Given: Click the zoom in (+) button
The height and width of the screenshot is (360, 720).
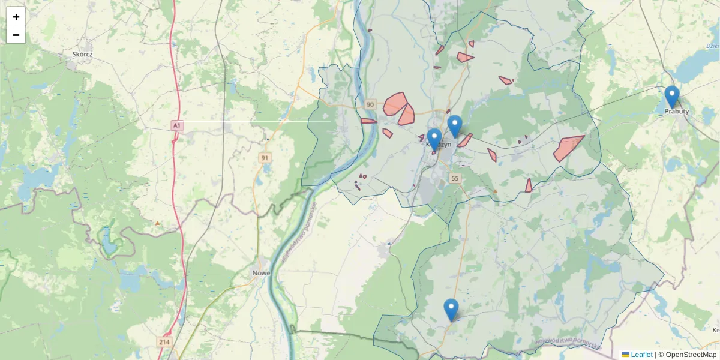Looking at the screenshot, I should [16, 17].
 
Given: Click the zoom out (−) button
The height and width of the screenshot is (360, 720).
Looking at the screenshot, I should [16, 35].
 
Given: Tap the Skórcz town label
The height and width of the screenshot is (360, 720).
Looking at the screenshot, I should [82, 54].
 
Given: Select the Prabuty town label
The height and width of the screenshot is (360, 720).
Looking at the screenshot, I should [677, 111].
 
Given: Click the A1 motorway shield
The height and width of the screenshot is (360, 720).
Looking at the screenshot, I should [176, 125].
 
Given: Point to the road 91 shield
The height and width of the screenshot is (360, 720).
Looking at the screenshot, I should [265, 158].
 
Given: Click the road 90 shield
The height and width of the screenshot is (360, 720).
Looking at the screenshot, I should [370, 105].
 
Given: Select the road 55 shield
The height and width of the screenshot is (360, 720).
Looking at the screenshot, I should [455, 178].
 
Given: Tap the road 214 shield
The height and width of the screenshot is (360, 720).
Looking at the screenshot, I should [164, 341].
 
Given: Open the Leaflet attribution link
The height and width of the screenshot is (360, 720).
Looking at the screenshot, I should [641, 355].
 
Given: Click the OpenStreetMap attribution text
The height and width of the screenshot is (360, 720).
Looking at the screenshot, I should [690, 355].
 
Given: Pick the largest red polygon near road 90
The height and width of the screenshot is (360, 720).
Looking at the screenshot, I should [394, 103].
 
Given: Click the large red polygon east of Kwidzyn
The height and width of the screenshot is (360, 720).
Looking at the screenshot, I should [566, 148].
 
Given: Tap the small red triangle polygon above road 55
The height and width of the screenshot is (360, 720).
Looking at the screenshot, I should [528, 186].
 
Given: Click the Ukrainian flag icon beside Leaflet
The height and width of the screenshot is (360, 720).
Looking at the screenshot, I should [625, 355].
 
